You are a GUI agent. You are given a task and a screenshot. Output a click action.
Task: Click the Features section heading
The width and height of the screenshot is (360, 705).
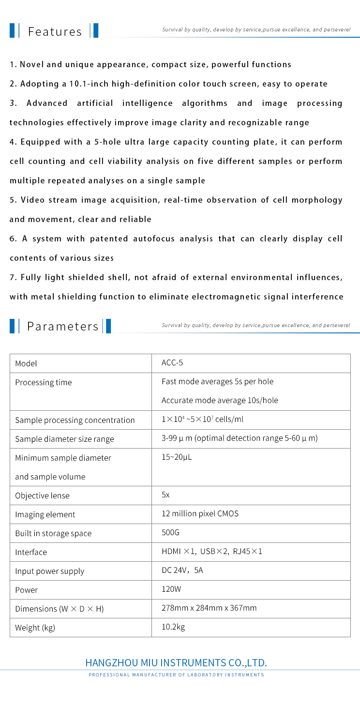pos(55,32)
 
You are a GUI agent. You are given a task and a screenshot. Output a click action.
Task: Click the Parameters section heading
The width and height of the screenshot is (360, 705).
pos(62,326)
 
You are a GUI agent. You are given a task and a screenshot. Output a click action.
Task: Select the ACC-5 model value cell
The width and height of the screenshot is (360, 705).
pos(172,363)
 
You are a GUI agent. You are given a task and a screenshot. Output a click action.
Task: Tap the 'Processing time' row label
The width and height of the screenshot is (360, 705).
pos(43,382)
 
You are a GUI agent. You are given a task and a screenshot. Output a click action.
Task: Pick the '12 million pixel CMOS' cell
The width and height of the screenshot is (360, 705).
pos(200,513)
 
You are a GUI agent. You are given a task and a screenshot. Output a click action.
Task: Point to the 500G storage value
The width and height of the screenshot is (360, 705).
pos(170,532)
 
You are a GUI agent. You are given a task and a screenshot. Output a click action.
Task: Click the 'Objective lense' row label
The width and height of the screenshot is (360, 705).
pos(42,495)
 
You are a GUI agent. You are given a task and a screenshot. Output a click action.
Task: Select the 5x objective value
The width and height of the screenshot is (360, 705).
pos(165,495)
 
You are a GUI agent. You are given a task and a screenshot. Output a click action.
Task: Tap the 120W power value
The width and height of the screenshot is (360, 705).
pos(170,589)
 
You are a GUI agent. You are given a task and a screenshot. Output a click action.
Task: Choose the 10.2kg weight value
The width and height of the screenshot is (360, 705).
pos(173,627)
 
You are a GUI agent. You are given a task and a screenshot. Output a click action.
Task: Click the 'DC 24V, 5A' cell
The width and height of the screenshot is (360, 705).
pos(182,570)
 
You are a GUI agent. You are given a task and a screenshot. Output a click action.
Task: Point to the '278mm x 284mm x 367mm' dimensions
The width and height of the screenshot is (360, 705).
pos(209,608)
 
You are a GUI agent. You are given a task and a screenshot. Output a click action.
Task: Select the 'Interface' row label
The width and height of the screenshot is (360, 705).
pos(31,552)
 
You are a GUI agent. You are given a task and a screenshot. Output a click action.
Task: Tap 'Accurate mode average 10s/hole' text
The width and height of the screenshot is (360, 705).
pos(220,400)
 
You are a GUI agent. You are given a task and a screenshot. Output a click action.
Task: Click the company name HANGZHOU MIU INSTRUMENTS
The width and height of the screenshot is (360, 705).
pos(176,662)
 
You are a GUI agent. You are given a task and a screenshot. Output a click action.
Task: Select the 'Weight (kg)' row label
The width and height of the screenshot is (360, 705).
pos(35,628)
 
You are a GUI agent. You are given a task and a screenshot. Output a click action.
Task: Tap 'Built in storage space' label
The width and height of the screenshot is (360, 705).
pos(53,533)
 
